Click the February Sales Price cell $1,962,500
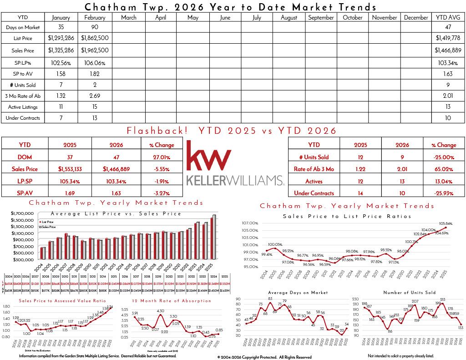click(x=94, y=51)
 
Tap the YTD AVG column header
click(x=448, y=18)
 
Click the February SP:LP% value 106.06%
click(x=94, y=62)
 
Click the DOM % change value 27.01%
click(x=161, y=157)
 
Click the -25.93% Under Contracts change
click(x=446, y=193)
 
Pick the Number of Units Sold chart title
click(x=409, y=293)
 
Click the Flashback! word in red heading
click(x=157, y=131)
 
